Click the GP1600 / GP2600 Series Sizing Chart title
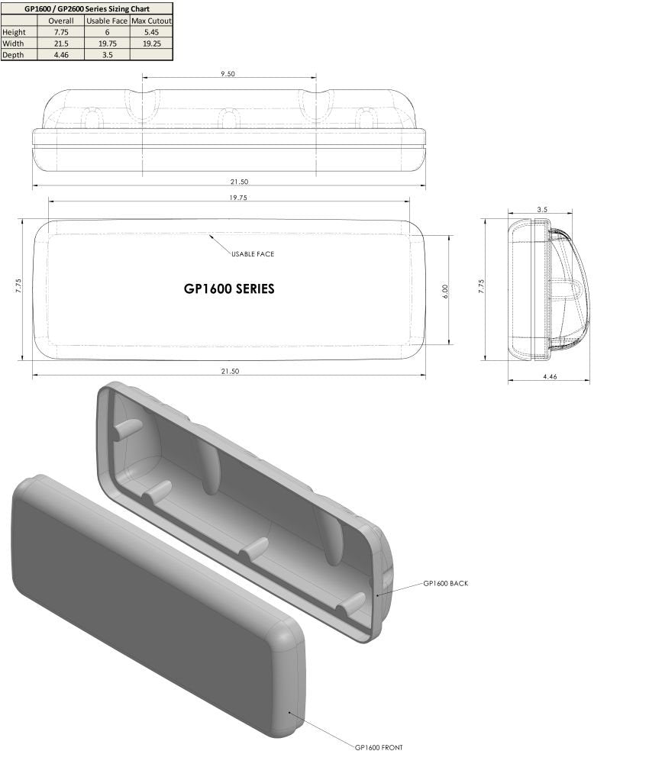(x=86, y=8)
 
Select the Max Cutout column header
(x=151, y=21)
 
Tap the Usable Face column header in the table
(x=107, y=21)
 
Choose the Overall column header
(x=60, y=21)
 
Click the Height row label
(x=14, y=32)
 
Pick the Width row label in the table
(x=13, y=44)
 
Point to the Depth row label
(x=13, y=55)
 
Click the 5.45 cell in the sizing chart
(x=151, y=32)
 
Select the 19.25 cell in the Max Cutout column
(x=151, y=44)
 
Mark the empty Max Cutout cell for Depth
(x=151, y=55)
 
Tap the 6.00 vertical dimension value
(x=445, y=290)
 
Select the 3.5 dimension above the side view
(x=542, y=208)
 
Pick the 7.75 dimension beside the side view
(x=480, y=285)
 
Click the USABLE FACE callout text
(x=252, y=253)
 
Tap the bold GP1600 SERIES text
(x=229, y=289)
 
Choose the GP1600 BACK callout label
(x=445, y=583)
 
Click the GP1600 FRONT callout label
(x=379, y=747)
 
